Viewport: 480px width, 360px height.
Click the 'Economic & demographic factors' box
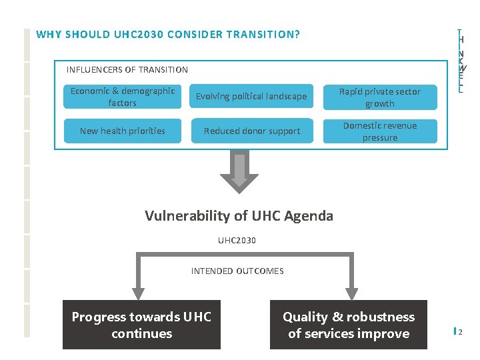point(123,97)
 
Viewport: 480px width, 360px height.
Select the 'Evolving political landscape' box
point(251,97)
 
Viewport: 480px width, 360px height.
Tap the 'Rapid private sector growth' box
point(380,97)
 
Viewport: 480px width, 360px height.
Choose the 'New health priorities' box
point(123,131)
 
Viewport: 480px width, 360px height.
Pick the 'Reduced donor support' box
point(251,131)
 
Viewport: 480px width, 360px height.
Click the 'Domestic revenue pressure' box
point(380,131)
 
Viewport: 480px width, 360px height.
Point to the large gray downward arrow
point(239,173)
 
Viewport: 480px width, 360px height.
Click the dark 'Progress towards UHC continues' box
point(141,325)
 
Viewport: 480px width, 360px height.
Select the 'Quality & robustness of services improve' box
point(348,325)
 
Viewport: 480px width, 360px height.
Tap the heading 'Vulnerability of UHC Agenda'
point(239,216)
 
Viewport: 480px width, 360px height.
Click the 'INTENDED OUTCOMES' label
point(237,271)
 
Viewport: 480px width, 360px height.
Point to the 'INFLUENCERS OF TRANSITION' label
point(127,70)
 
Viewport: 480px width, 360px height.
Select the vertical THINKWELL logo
point(461,61)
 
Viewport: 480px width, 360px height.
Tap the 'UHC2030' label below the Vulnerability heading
point(237,240)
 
